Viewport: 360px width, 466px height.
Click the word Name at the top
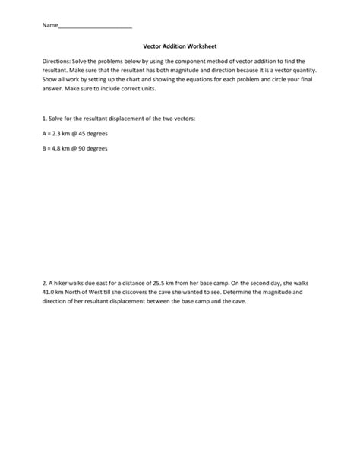[49, 25]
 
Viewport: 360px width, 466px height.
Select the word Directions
[59, 61]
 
